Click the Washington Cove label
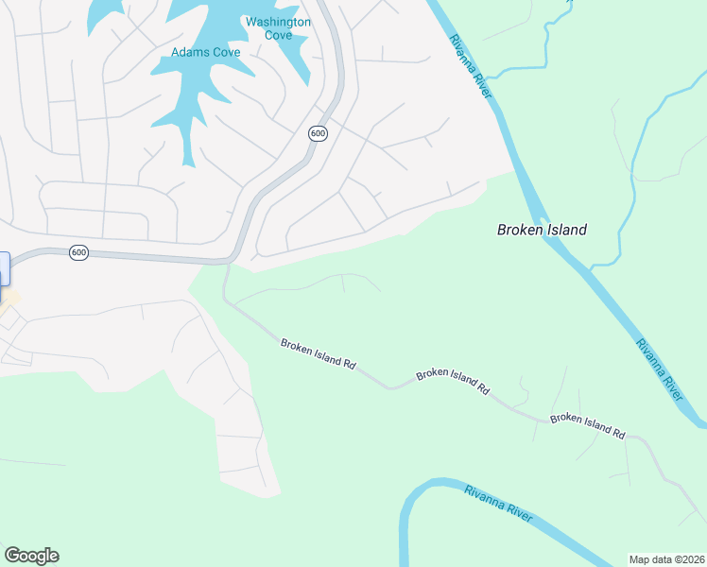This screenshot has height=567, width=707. coord(278,28)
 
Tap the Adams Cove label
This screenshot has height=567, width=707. coord(206,52)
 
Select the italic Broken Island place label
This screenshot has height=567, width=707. coord(543,230)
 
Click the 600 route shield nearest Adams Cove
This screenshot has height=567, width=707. coord(318,133)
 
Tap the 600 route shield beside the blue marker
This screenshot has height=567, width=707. coord(79,252)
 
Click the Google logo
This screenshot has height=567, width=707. coord(31,556)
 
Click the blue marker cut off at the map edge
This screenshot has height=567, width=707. coord(3,267)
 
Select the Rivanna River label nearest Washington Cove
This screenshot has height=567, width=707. coord(470,62)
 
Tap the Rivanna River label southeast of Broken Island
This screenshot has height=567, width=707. coord(659,370)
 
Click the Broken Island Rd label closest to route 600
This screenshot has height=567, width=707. coord(318,353)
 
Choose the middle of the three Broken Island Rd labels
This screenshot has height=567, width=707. coord(453,381)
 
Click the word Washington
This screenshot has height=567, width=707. coord(278,22)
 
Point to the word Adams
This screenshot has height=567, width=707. coord(189,52)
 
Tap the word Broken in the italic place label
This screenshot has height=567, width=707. coord(520,230)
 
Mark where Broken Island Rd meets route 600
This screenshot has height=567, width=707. coord(228,262)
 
